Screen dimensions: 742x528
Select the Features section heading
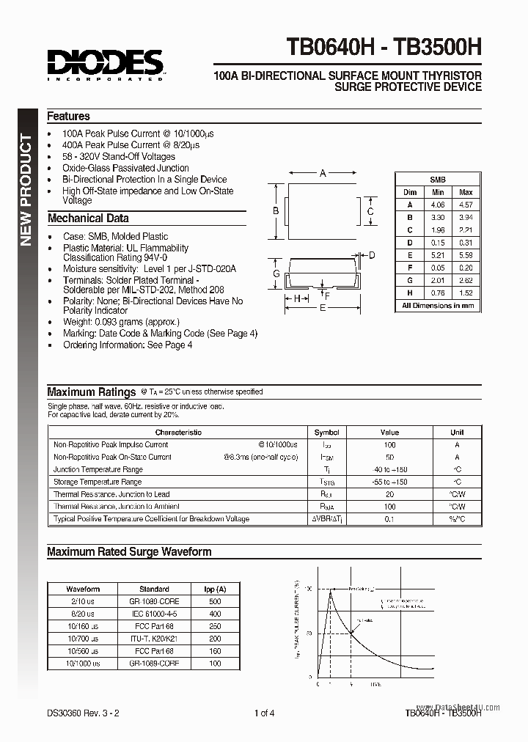coord(68,116)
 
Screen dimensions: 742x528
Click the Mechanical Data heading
coord(87,218)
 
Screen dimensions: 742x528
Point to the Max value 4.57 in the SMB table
coord(465,205)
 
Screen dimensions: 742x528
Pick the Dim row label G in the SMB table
coord(410,280)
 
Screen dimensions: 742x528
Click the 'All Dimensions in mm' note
coord(438,305)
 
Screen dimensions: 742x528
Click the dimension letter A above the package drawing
coord(323,174)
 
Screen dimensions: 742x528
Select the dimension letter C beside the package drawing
coord(370,213)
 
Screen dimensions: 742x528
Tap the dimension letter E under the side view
coord(323,309)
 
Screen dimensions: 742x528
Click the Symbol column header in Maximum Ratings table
coord(326,433)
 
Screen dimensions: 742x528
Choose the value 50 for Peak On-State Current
coord(389,457)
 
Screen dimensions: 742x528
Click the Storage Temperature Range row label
coord(98,482)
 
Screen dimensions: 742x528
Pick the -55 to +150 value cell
coord(389,482)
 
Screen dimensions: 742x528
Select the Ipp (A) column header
coord(215,589)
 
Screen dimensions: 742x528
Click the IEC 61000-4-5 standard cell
coord(154,614)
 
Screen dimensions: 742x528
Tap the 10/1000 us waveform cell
coord(83,663)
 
